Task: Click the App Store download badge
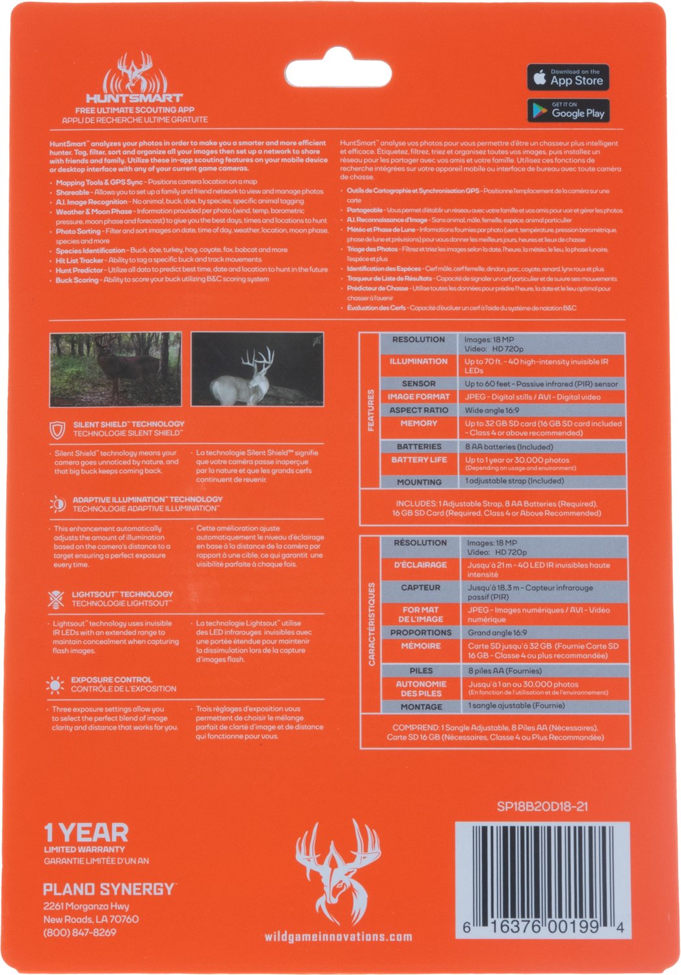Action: tap(568, 77)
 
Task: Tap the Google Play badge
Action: tap(568, 110)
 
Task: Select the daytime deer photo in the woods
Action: tap(116, 369)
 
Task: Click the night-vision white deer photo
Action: tap(257, 369)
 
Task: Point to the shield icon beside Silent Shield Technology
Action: tap(58, 429)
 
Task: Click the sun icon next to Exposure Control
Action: tap(55, 684)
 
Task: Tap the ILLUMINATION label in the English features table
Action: tap(418, 361)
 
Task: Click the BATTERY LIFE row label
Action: tap(419, 460)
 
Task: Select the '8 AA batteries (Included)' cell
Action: tap(509, 447)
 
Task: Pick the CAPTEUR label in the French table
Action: tap(420, 588)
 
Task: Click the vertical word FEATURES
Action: tap(371, 410)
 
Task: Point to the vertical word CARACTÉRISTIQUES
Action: tap(372, 624)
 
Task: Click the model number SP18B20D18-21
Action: tap(542, 807)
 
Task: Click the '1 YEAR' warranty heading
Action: tap(86, 833)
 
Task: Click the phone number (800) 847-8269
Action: tap(80, 932)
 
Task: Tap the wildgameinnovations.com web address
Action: tap(338, 937)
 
